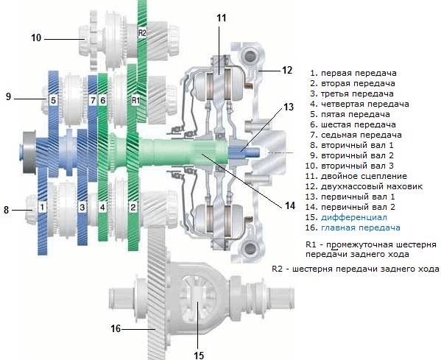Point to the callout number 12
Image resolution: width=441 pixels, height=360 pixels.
(287, 71)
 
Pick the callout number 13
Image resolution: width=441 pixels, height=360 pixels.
(289, 107)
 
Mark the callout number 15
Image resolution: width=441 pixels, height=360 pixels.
(198, 354)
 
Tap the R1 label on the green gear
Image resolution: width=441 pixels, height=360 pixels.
(135, 99)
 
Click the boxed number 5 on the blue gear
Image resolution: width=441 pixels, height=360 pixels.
(53, 99)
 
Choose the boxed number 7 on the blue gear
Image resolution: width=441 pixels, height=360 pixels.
(93, 99)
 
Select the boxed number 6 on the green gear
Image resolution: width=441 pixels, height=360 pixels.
(103, 99)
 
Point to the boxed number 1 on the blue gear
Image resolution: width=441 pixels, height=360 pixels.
(43, 208)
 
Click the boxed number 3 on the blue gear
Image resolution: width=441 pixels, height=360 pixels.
(82, 208)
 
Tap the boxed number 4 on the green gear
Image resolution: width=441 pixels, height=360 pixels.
(103, 208)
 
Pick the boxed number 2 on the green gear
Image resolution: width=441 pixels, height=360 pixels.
(133, 208)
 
